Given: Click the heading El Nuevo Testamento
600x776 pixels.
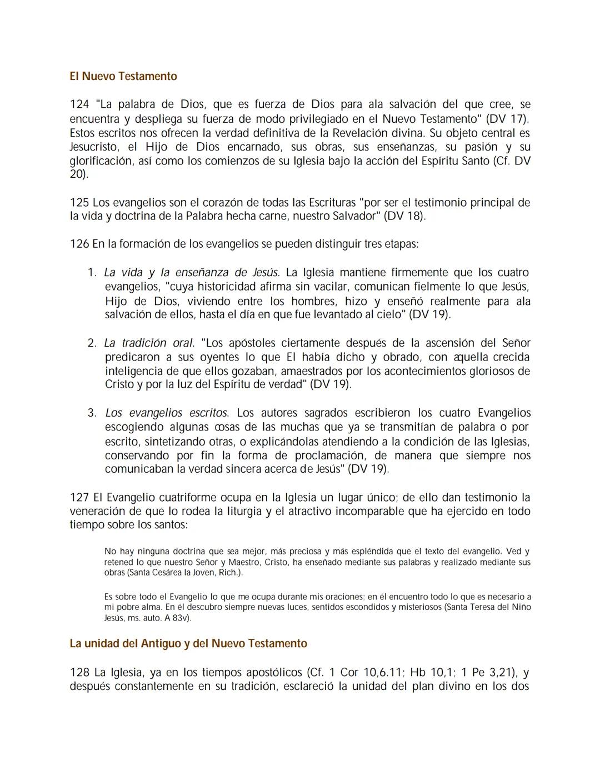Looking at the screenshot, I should [x=123, y=77].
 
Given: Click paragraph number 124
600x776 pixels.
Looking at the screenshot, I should [x=79, y=104].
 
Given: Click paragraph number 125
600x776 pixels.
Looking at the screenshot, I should [x=79, y=203].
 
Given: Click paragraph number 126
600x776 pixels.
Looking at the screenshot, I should [x=79, y=244].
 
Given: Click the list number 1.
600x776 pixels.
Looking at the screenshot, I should [x=92, y=273].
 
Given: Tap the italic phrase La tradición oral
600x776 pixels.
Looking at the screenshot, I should [x=149, y=343].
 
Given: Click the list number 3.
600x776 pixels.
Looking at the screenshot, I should [x=92, y=413].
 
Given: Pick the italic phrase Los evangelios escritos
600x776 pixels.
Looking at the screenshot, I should [x=167, y=413].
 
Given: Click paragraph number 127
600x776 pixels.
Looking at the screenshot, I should [x=79, y=498].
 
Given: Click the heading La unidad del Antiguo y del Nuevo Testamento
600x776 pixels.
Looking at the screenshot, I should [x=188, y=644].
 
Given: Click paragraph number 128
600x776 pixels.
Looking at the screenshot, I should [x=79, y=673].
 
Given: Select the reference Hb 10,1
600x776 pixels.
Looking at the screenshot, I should [x=429, y=673].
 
